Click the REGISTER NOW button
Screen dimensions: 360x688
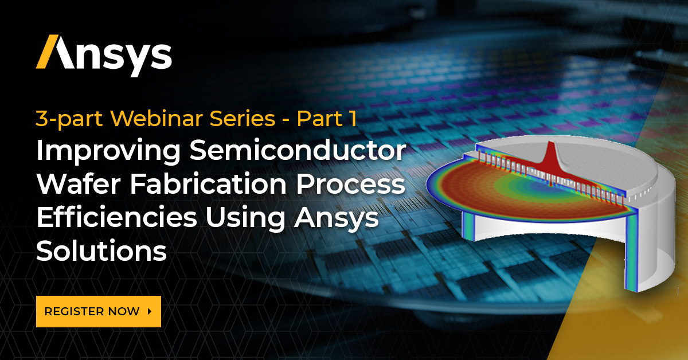click(x=98, y=311)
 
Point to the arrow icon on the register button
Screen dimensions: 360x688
click(x=150, y=311)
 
